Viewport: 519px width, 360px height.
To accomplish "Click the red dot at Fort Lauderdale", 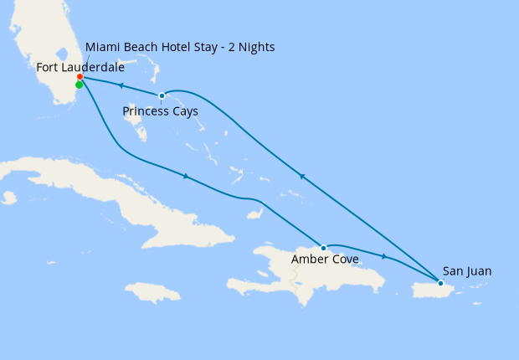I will (80, 78).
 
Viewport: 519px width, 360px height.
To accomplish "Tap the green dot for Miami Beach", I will (79, 85).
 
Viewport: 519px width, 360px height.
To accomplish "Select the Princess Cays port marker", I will (162, 95).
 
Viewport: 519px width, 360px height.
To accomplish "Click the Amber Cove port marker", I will (324, 248).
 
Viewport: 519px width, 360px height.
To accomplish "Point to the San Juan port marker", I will (440, 283).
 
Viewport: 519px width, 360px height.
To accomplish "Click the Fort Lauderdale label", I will (80, 66).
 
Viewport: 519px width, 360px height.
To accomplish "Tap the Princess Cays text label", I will (161, 111).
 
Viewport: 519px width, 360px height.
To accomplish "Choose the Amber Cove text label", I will (325, 260).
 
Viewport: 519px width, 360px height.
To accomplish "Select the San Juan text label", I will (467, 271).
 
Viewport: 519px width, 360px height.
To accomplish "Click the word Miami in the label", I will (103, 46).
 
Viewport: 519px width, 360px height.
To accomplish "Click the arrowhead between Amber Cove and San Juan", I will (384, 256).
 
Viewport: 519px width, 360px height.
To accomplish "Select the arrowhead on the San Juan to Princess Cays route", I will (302, 177).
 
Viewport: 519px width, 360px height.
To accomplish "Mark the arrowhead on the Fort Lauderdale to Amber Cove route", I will (184, 175).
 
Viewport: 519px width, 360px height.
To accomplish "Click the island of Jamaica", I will (153, 292).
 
